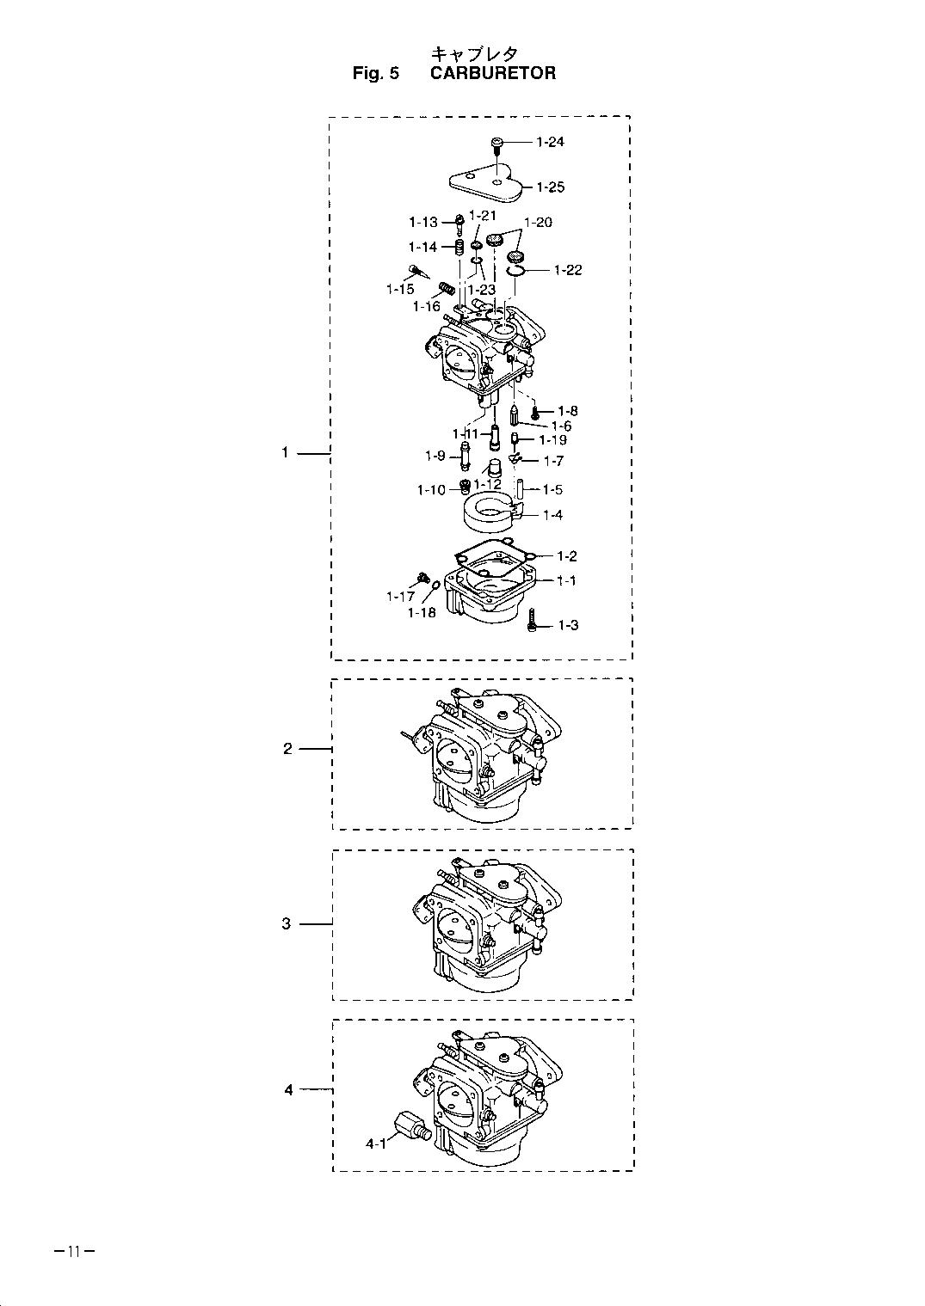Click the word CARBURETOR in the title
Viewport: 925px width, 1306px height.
pos(493,73)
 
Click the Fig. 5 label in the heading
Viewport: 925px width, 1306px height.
pos(376,73)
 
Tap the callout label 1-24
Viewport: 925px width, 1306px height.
pos(550,142)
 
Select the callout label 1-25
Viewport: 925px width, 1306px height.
pos(551,187)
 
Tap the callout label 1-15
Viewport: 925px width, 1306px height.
pos(400,289)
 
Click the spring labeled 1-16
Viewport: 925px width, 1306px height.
pos(447,288)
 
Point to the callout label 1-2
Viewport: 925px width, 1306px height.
pos(567,556)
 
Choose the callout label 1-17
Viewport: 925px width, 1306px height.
pos(400,597)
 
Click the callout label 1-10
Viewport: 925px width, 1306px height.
pos(431,490)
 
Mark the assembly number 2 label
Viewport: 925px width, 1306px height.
pos(287,749)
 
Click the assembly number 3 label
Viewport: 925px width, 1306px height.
pos(287,923)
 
